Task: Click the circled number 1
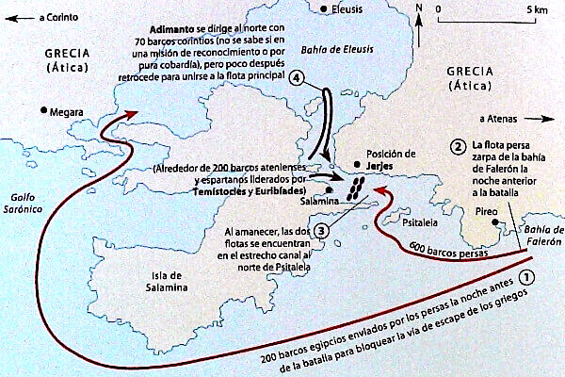[528, 277]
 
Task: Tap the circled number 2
[458, 146]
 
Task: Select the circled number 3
[322, 229]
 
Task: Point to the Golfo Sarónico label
[23, 202]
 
